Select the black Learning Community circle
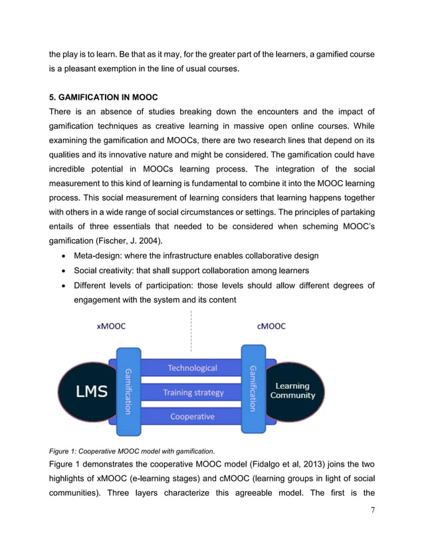click(x=292, y=391)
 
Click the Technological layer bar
click(x=192, y=368)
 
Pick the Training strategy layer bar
click(x=193, y=392)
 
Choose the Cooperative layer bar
click(x=192, y=417)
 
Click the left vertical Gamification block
click(x=128, y=391)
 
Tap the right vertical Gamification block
click(x=253, y=389)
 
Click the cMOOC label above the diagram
click(x=270, y=326)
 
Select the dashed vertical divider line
click(x=191, y=330)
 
